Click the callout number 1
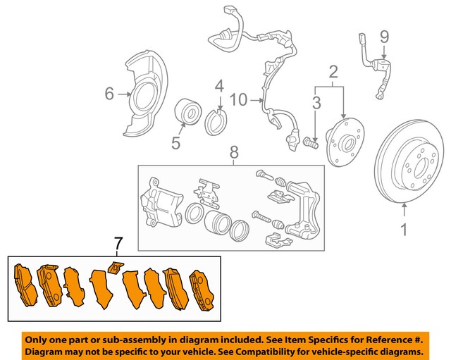[404, 228]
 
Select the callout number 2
[333, 70]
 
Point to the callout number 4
[219, 87]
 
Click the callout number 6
[109, 93]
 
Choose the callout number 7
[118, 244]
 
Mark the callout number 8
[234, 151]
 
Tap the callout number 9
[384, 36]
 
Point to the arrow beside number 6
[123, 93]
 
